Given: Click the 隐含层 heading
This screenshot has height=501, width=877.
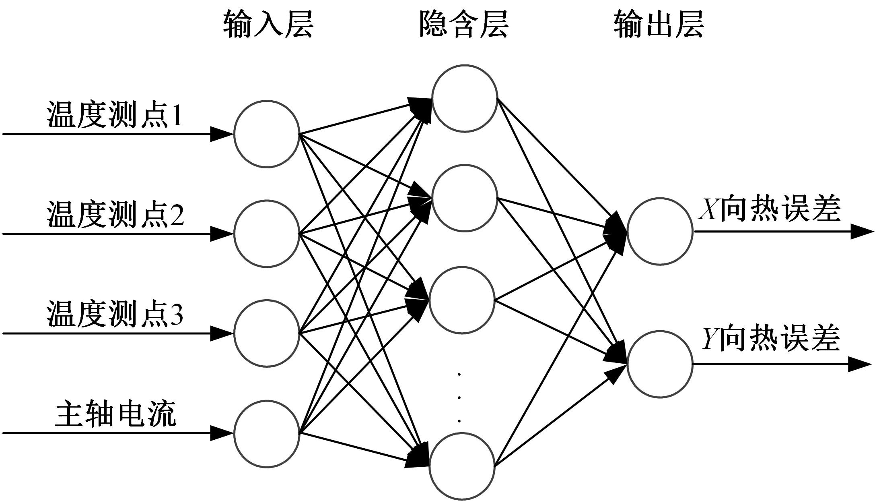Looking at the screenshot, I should (464, 25).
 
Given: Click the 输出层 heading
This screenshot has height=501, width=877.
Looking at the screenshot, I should (659, 25).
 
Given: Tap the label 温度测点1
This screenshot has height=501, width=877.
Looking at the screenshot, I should (115, 115).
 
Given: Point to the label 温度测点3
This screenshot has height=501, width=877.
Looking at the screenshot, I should (115, 314).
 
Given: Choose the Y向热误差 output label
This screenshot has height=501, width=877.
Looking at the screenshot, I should (771, 338).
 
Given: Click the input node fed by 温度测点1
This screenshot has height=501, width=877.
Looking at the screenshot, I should (267, 134).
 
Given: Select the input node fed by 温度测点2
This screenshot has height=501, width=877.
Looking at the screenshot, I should (267, 234).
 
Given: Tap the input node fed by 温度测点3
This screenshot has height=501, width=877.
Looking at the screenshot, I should (267, 333).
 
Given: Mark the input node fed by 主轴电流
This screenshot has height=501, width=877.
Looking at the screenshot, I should (267, 434).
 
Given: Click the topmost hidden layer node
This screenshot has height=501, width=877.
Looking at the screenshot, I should (465, 98).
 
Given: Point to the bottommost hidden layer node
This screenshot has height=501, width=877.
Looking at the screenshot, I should (462, 466).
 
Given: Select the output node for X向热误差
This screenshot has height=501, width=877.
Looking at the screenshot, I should (660, 232).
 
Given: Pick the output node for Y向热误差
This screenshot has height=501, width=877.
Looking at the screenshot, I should (660, 364).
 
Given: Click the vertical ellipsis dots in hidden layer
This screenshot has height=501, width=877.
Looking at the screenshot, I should (459, 398).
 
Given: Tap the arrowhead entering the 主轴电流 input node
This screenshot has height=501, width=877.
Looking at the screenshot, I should (221, 433).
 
